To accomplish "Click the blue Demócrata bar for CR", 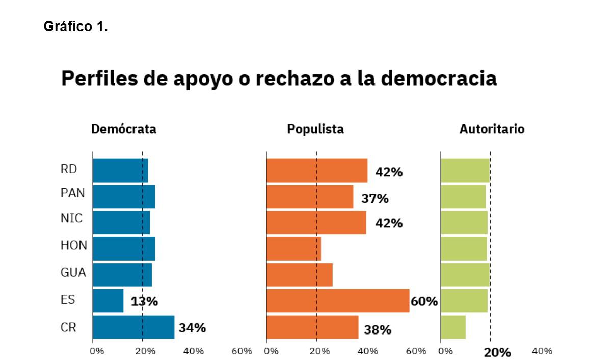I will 133,327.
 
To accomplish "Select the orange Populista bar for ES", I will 337,300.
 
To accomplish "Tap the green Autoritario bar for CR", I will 453,327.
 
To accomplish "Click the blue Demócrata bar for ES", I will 108,300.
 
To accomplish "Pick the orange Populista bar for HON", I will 293,248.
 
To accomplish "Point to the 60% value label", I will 424,301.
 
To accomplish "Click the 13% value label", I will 144,301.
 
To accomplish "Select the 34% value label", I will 192,328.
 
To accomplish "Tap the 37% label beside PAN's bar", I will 375,198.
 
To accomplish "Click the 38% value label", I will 378,330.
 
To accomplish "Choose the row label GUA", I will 73,273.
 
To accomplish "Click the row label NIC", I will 71,218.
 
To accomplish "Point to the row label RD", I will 69,170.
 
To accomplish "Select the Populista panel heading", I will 315,129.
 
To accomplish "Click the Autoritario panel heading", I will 492,129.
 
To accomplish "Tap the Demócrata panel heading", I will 124,129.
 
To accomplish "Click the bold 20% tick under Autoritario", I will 497,352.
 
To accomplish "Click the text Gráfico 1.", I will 76,27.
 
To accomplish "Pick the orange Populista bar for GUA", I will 299,274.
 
